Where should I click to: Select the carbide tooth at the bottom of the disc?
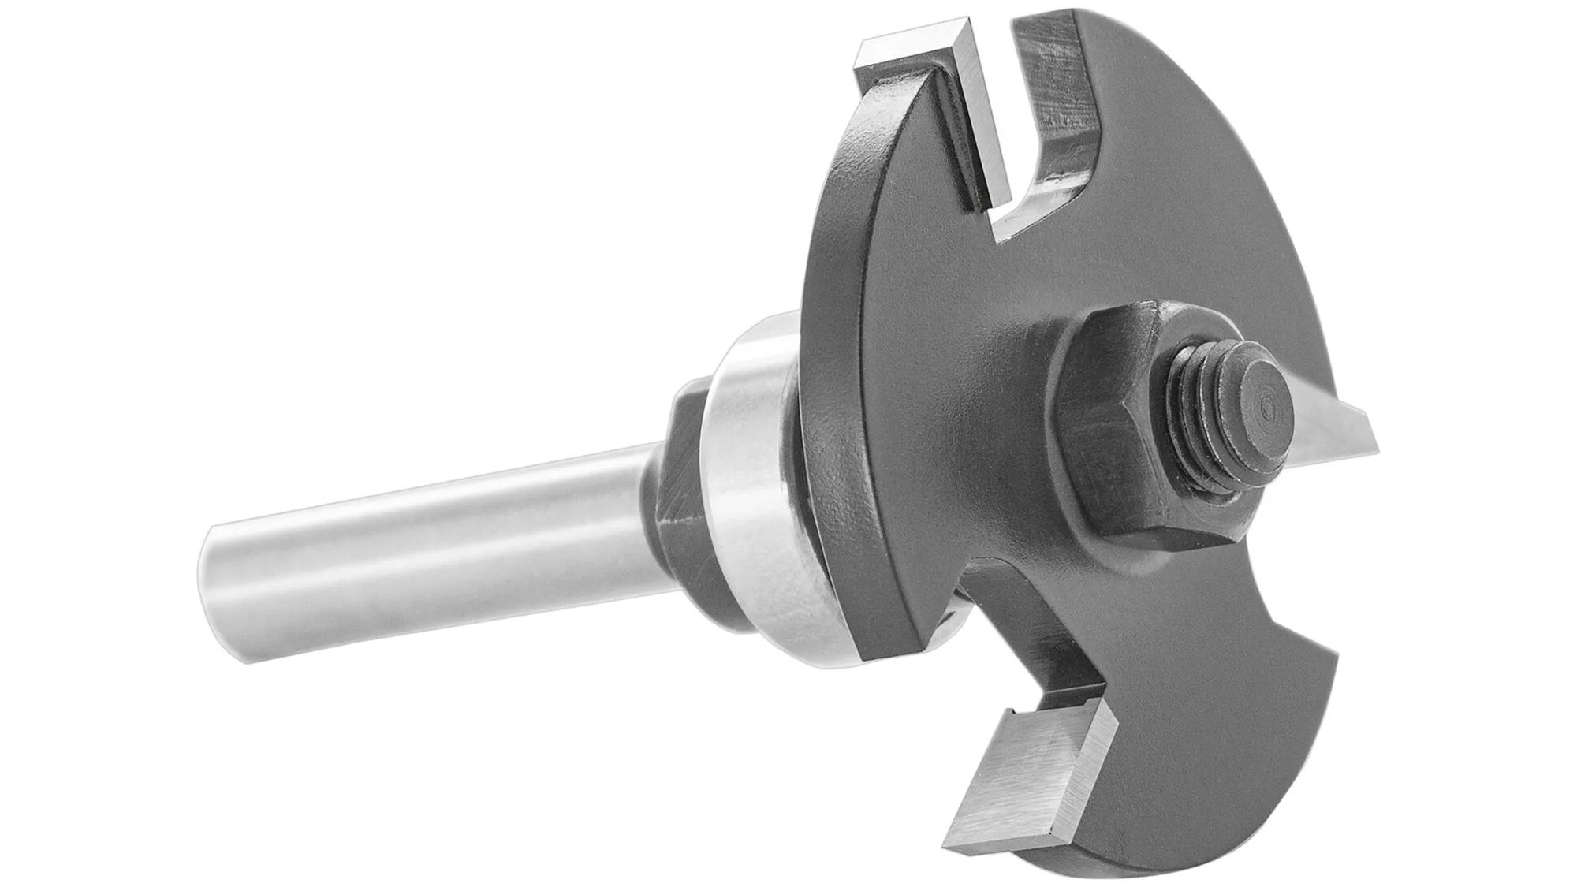click(x=1025, y=757)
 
